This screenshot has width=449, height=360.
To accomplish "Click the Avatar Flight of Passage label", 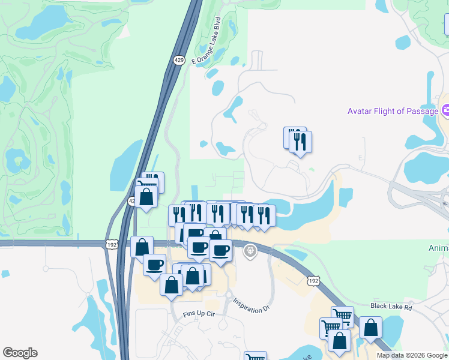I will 393,111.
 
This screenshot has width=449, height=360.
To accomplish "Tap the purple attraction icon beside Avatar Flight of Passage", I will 445,110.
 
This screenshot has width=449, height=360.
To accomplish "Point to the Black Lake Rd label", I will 391,306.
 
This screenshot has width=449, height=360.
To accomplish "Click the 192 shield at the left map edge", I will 112,245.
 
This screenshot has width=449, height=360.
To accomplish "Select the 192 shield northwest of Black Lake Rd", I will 312,281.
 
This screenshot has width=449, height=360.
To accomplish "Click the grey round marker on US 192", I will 251,251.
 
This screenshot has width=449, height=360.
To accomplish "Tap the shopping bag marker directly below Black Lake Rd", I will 370,328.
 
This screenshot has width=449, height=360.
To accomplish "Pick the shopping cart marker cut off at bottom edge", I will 255,357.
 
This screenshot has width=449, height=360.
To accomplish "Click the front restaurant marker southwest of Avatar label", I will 300,142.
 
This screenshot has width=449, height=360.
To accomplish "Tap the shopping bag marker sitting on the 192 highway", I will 142,246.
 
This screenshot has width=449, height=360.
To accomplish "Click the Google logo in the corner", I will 20,353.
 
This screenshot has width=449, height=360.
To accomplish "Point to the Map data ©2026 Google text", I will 412,355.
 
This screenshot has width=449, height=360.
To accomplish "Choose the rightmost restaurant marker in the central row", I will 264,215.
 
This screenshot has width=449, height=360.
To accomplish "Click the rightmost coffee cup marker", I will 220,250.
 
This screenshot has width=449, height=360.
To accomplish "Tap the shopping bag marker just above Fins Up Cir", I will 172,284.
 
